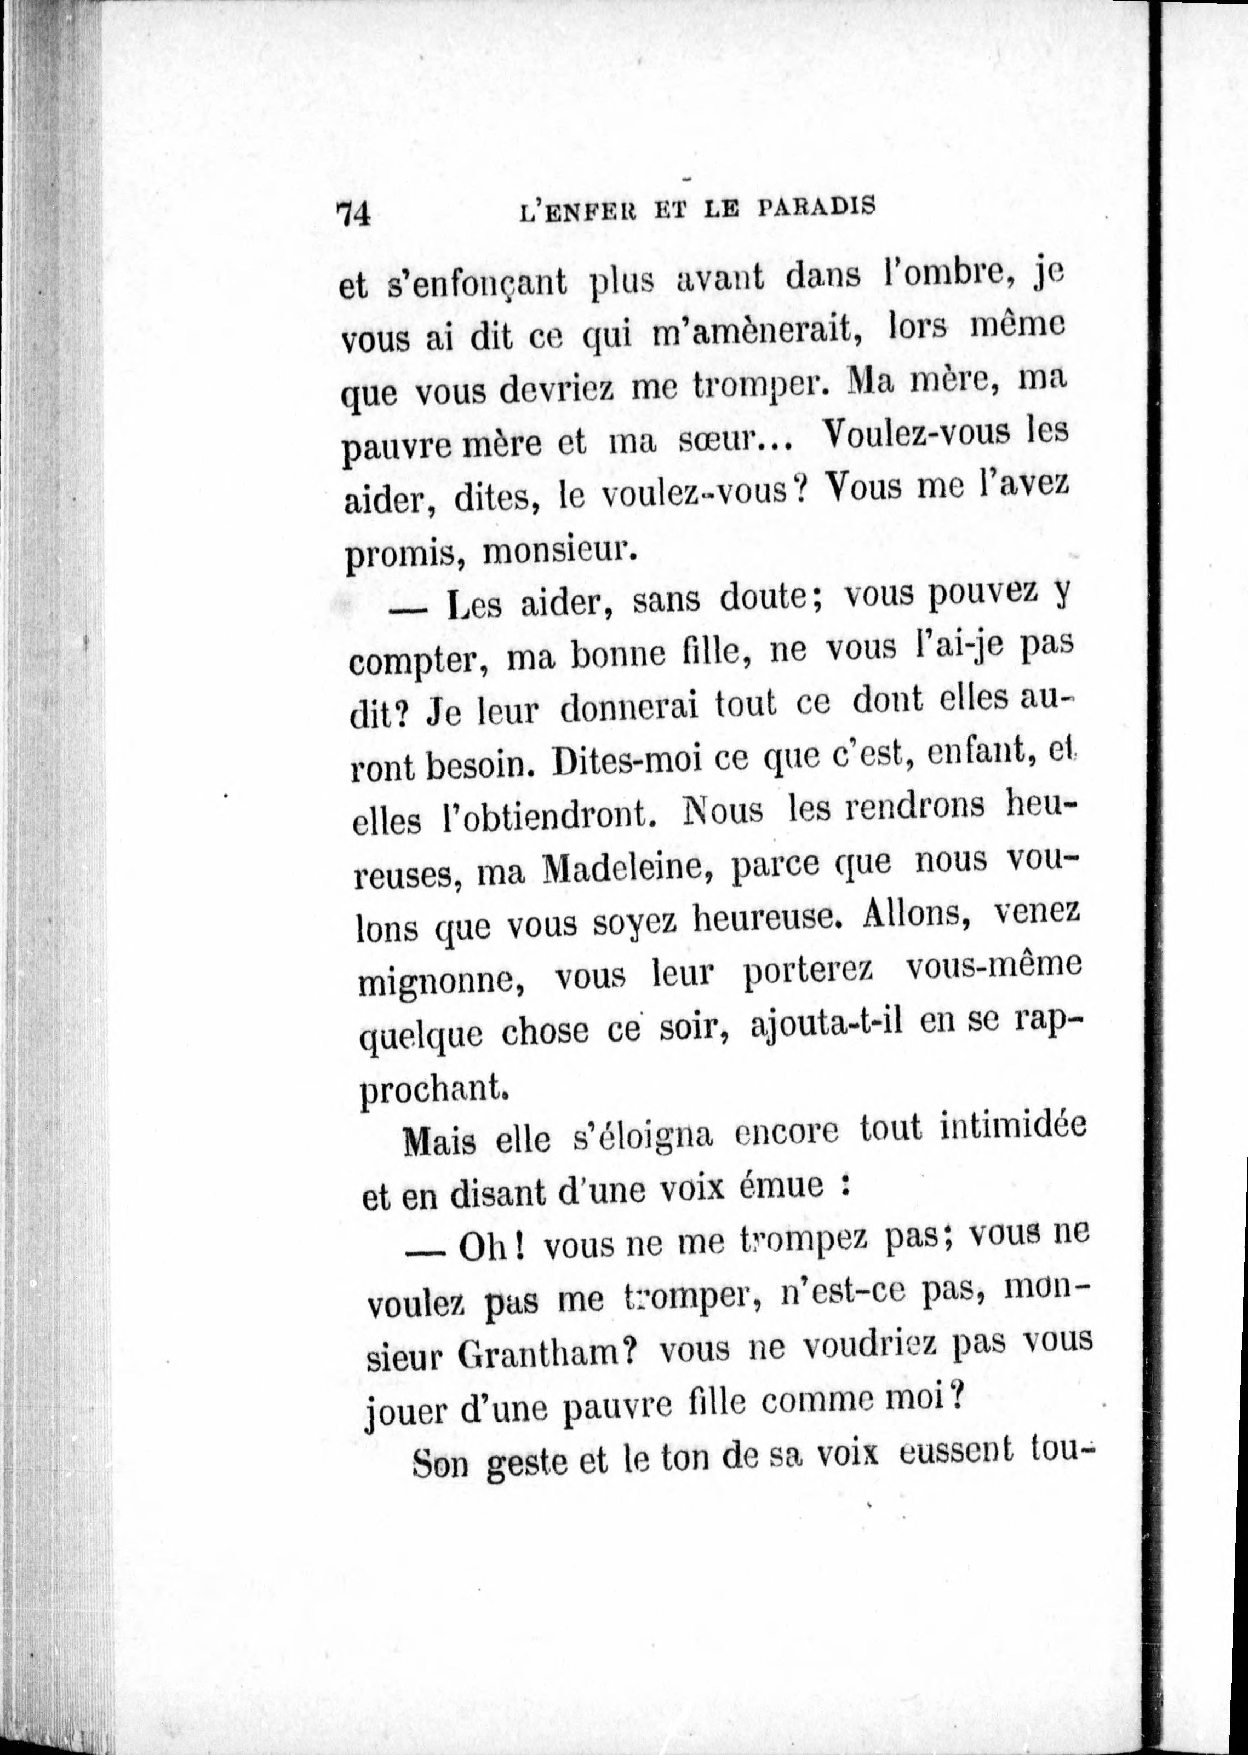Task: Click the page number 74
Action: (x=354, y=213)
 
